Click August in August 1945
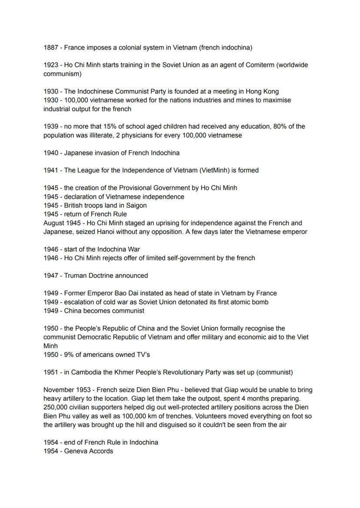[x=54, y=223]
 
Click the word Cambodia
[x=86, y=372]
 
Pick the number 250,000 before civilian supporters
[x=56, y=407]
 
